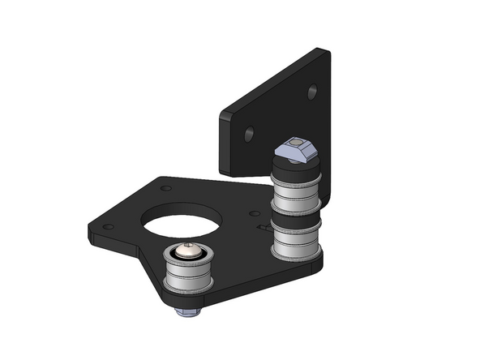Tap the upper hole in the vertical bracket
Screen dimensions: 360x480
click(312, 92)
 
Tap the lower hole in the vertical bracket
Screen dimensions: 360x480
click(249, 131)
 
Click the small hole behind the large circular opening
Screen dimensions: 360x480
click(166, 188)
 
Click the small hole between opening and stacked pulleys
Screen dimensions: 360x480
click(254, 214)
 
